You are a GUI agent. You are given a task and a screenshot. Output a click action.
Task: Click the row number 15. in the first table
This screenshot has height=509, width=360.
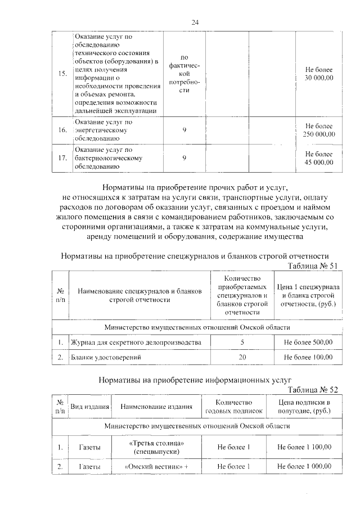[62, 74]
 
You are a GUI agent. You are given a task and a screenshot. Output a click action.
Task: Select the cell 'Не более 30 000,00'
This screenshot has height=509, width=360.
[318, 74]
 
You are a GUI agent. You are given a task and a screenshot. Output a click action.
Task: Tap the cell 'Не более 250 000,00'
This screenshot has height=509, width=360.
[318, 130]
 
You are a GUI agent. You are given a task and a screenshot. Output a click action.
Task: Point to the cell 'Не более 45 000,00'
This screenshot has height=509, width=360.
[318, 158]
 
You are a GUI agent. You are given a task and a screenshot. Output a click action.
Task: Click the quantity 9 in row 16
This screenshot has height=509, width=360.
[184, 130]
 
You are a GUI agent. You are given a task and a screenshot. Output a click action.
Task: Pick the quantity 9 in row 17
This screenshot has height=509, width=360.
[184, 158]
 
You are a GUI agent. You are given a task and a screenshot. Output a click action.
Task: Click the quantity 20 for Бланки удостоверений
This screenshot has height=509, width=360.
[242, 357]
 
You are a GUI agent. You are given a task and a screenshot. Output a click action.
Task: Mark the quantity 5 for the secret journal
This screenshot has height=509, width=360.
[242, 341]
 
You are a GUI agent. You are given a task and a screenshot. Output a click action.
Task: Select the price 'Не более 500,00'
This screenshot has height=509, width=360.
[308, 341]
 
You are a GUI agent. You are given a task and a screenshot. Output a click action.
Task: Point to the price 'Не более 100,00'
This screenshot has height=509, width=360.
[308, 357]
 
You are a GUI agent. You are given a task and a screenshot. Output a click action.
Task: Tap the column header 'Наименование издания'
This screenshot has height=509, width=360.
[156, 407]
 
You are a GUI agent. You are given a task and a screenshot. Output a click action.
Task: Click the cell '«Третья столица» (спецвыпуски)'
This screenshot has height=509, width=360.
[156, 447]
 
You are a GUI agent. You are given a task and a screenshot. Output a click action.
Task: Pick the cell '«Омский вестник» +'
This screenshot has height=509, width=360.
[156, 467]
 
